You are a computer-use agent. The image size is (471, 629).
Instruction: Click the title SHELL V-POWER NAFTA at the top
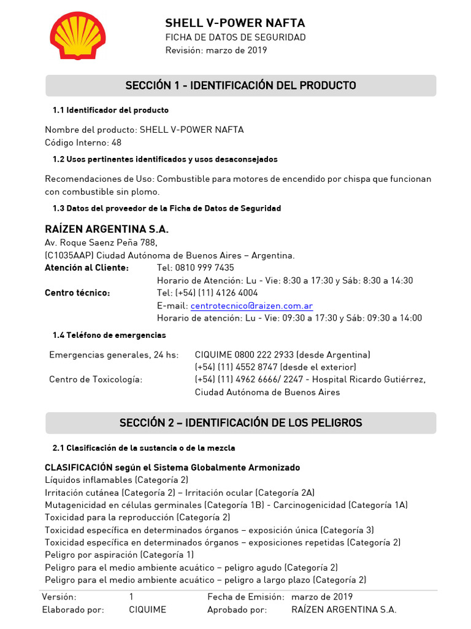tap(235, 23)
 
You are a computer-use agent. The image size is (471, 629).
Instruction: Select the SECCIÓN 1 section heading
tap(240, 85)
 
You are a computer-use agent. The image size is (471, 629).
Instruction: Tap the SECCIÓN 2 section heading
tap(240, 423)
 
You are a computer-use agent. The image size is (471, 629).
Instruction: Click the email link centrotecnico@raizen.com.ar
tap(251, 305)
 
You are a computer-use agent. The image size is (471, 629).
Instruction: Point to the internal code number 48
tap(117, 143)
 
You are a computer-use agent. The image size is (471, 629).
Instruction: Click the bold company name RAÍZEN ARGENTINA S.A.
tap(107, 229)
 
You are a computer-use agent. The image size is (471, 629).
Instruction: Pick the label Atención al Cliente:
tap(87, 268)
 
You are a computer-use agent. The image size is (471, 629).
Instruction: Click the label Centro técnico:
tap(77, 293)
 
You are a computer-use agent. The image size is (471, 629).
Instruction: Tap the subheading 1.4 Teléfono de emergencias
tap(109, 335)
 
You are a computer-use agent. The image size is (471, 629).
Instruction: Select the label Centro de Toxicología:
tap(96, 380)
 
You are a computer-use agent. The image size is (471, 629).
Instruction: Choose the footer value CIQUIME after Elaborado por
tap(147, 610)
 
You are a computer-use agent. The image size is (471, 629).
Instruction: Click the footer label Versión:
tap(59, 597)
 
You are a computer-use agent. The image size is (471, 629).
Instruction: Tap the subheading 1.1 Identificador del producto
tap(110, 110)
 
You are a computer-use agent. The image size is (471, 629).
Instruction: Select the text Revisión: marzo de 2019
tap(216, 50)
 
